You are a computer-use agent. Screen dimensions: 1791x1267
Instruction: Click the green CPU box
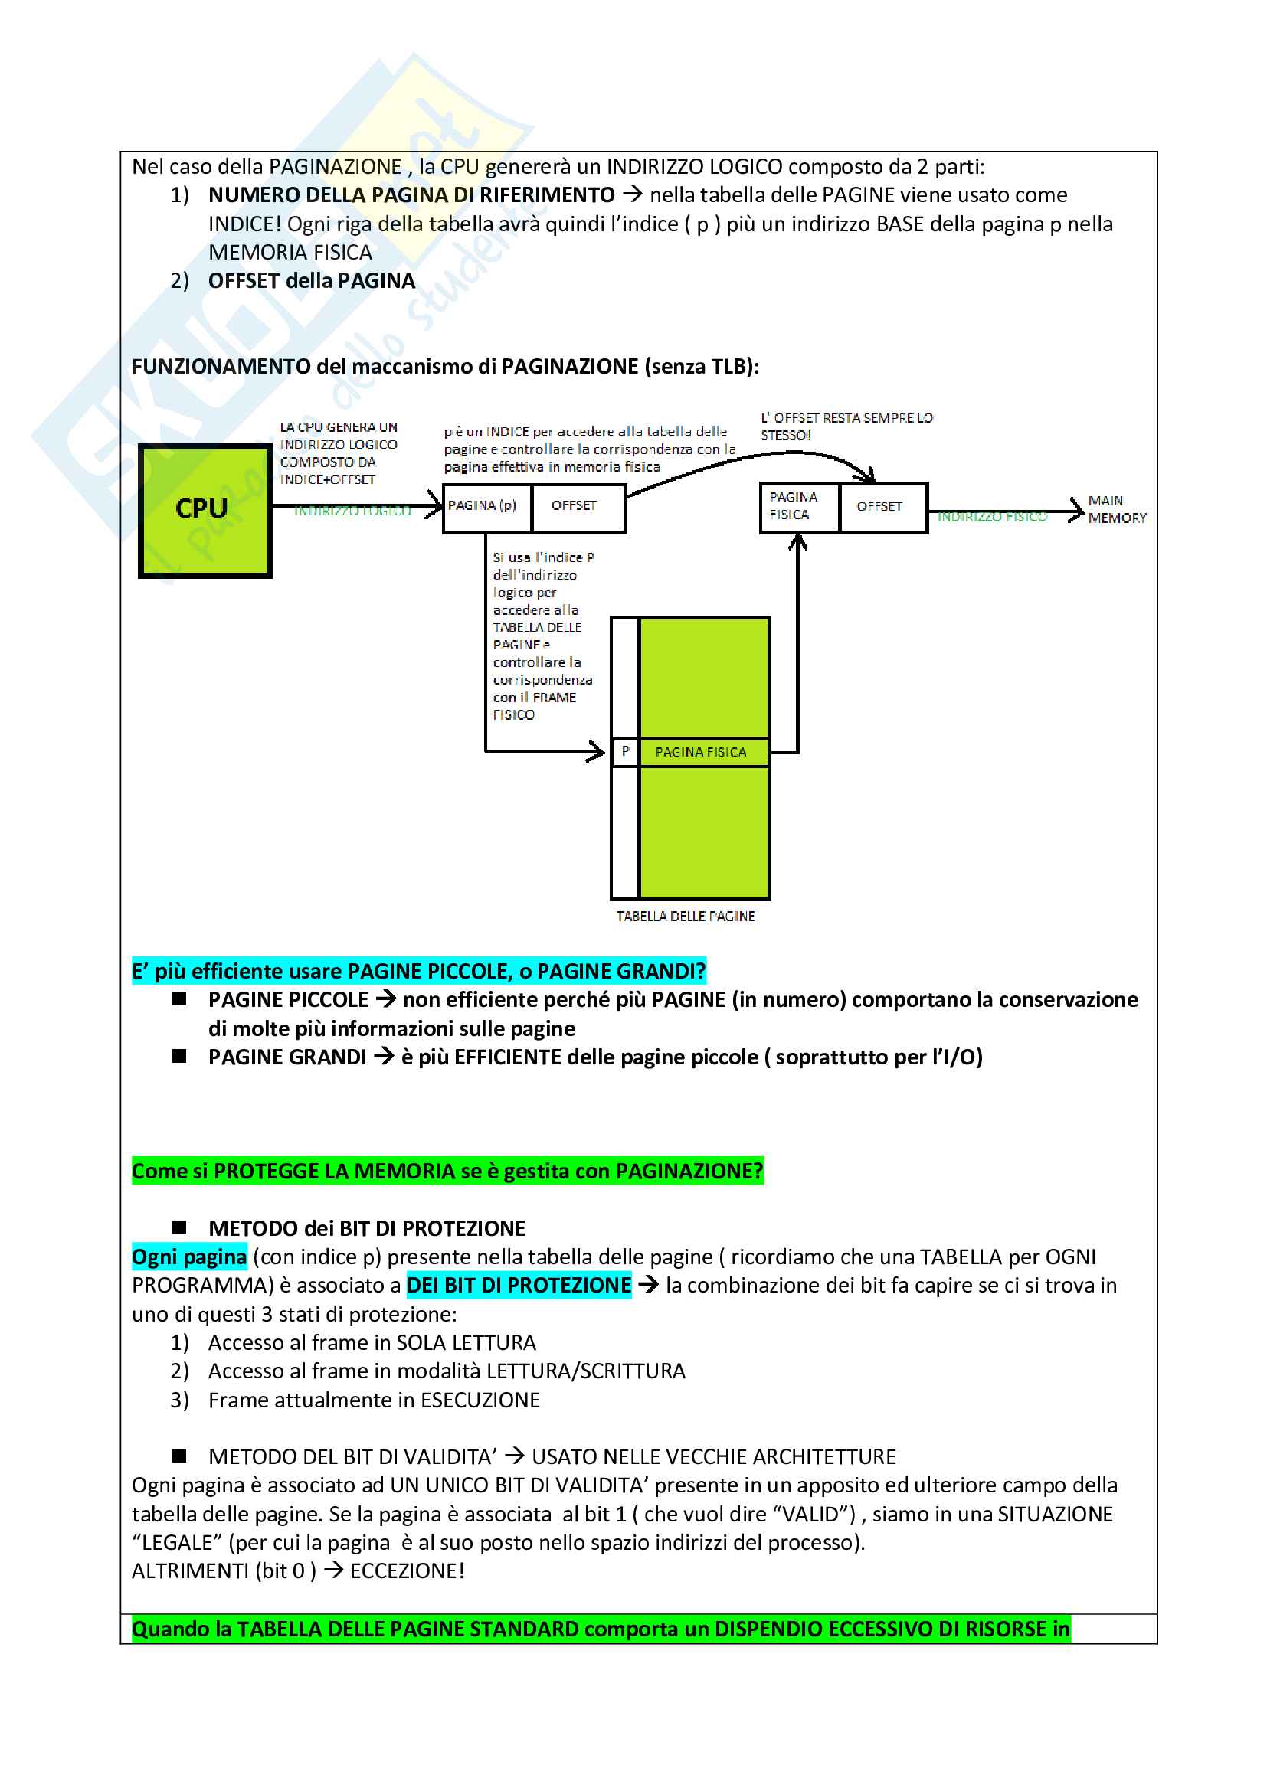pyautogui.click(x=205, y=510)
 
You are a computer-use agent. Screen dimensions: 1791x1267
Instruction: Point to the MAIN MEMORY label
pyautogui.click(x=1116, y=509)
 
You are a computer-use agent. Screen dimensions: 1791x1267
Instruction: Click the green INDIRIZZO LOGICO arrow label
pyautogui.click(x=352, y=511)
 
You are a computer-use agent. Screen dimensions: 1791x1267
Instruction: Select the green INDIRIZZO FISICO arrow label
pyautogui.click(x=991, y=517)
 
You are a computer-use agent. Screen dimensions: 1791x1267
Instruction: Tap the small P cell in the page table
pyautogui.click(x=625, y=751)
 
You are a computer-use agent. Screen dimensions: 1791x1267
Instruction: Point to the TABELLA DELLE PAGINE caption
pyautogui.click(x=685, y=916)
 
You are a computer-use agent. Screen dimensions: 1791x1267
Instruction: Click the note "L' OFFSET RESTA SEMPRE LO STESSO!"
pyautogui.click(x=846, y=427)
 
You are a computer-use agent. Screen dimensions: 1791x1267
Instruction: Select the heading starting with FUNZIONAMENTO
pyautogui.click(x=445, y=367)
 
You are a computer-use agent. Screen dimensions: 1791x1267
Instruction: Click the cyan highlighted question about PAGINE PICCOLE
pyautogui.click(x=418, y=971)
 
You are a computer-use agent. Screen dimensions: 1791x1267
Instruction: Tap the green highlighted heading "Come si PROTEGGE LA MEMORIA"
pyautogui.click(x=447, y=1171)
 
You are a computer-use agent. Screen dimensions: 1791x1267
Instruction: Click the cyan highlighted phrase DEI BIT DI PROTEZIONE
pyautogui.click(x=519, y=1286)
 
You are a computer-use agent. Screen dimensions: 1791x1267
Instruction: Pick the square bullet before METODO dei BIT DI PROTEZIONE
pyautogui.click(x=179, y=1227)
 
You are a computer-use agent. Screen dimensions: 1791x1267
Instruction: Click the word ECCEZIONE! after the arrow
pyautogui.click(x=408, y=1571)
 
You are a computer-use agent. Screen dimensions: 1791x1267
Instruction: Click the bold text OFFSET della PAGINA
pyautogui.click(x=311, y=281)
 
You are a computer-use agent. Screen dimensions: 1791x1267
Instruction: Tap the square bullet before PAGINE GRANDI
pyautogui.click(x=179, y=1056)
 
